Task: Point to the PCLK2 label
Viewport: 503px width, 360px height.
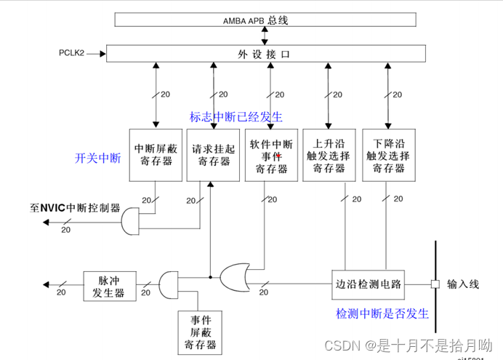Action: coord(72,54)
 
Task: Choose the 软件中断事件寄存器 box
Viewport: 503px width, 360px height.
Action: coord(271,155)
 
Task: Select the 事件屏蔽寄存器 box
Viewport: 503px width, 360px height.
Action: coord(198,332)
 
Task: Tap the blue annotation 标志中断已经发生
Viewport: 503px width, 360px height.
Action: coord(236,117)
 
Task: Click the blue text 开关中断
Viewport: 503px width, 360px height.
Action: coord(97,158)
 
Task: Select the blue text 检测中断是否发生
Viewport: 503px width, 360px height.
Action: coord(382,313)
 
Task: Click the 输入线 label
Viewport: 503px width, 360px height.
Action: coord(463,284)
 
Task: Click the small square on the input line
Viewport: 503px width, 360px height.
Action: coord(435,284)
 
